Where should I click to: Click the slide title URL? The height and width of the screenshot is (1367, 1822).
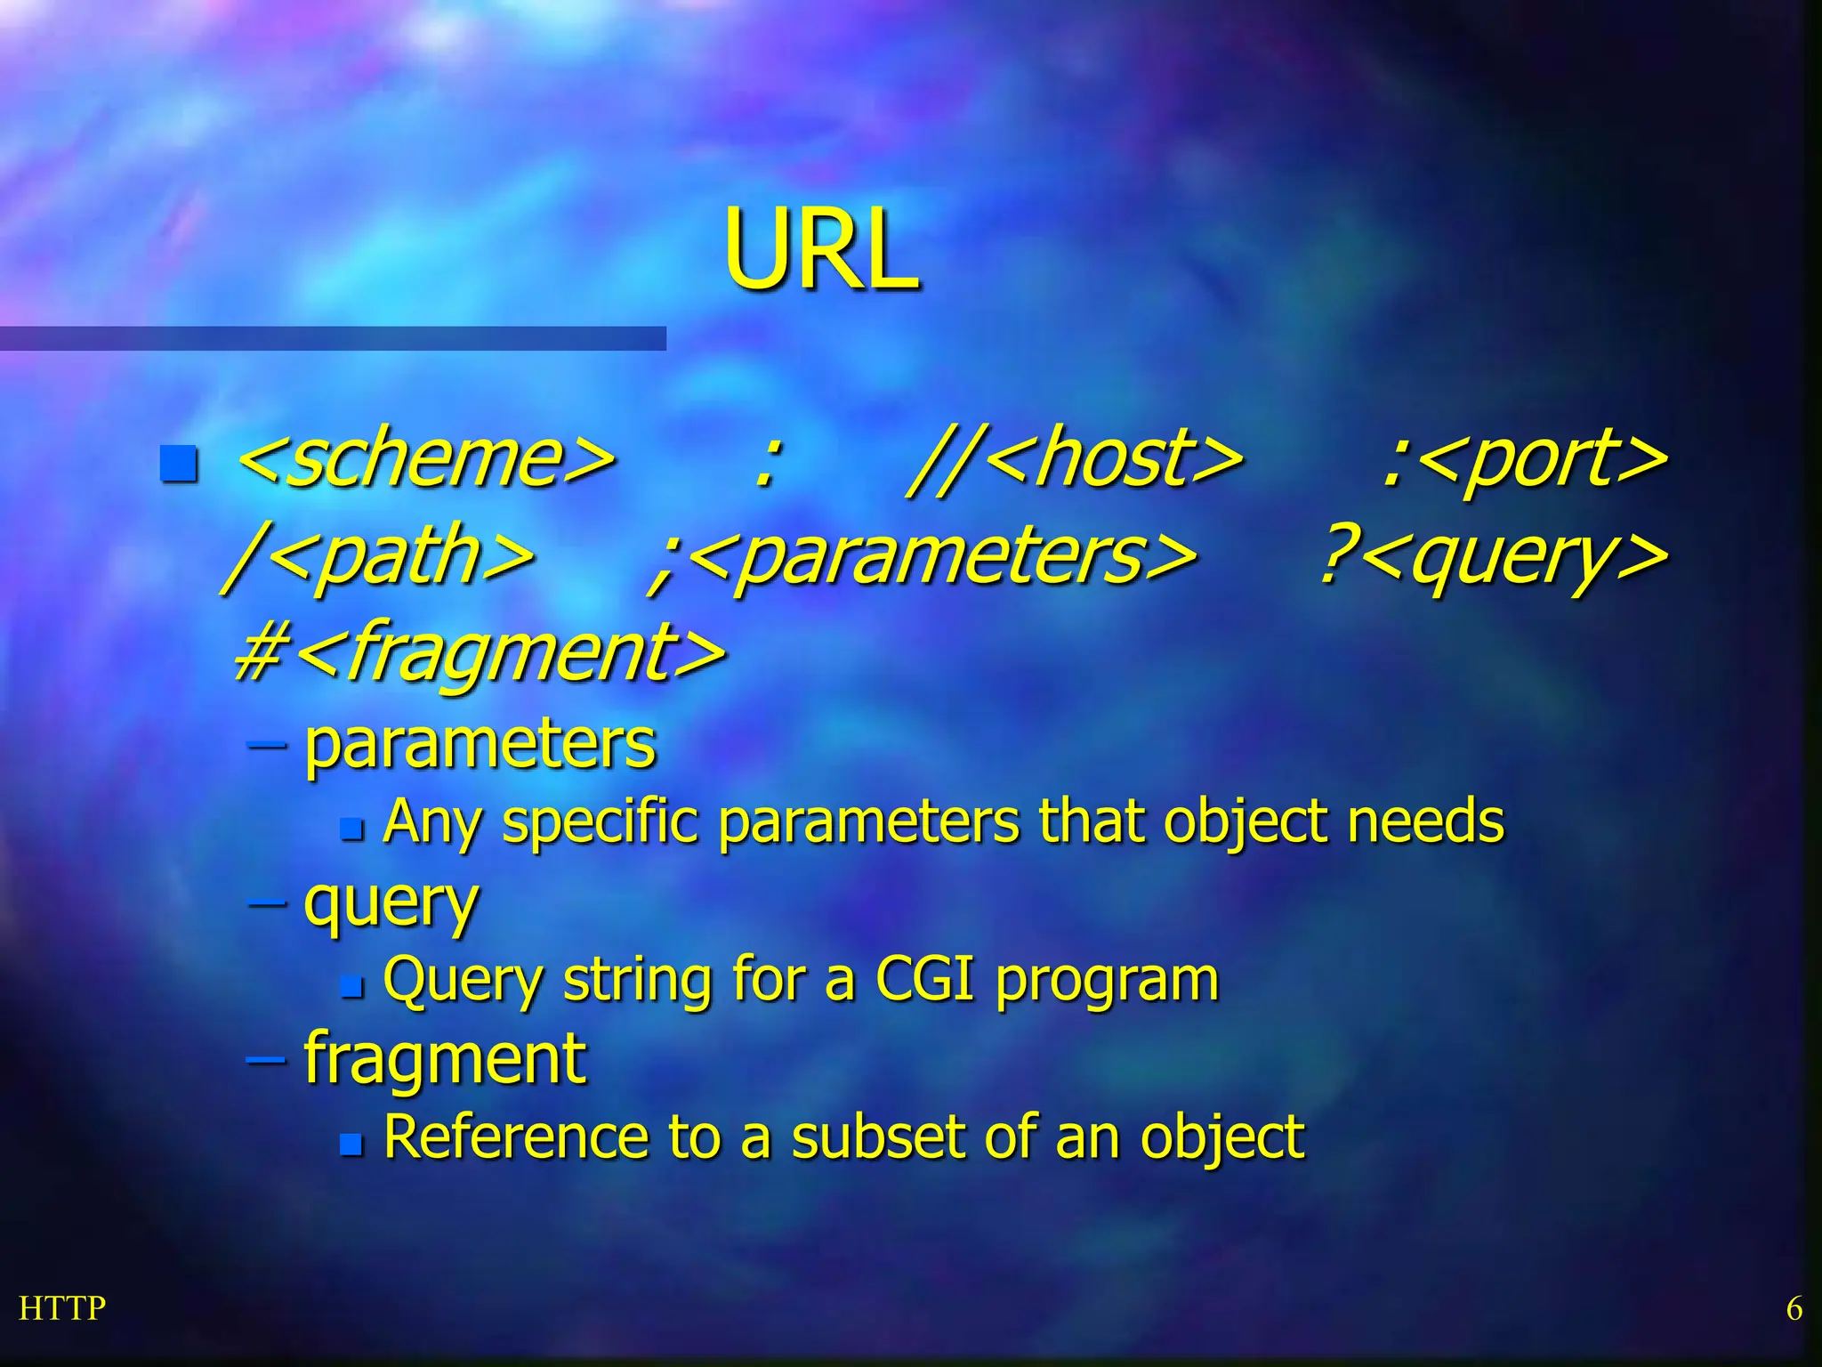pos(820,251)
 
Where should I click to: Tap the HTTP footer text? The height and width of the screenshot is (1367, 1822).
pos(62,1308)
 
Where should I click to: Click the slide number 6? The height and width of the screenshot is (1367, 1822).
pos(1794,1308)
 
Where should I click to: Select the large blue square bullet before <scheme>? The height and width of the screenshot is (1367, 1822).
pos(179,463)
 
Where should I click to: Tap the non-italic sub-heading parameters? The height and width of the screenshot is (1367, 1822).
pos(480,744)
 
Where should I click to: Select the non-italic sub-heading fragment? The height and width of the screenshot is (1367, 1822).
pos(445,1059)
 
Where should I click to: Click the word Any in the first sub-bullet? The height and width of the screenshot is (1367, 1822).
pos(432,822)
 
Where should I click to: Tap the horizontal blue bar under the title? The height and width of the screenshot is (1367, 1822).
pos(333,338)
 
